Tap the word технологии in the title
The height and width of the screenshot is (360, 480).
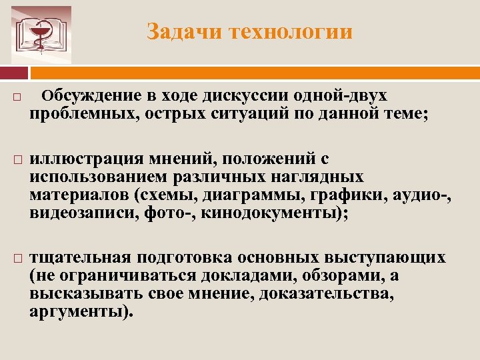291,32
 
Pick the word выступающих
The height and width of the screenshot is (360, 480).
385,258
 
